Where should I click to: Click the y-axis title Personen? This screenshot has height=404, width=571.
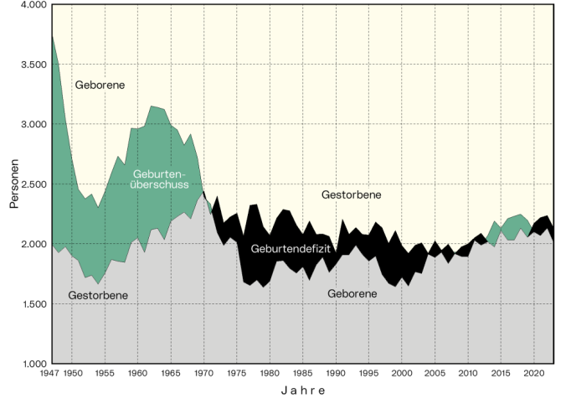tap(14, 184)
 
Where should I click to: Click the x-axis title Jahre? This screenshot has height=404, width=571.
tap(302, 391)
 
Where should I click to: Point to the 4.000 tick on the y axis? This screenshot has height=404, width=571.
tap(31, 5)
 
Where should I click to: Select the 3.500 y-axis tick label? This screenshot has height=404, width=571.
tap(31, 65)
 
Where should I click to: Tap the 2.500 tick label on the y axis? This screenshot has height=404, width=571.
tap(31, 184)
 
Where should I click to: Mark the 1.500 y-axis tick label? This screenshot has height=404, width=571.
tap(31, 304)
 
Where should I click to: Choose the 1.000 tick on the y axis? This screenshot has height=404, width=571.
tap(31, 364)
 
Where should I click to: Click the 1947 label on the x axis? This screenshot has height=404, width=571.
tap(51, 374)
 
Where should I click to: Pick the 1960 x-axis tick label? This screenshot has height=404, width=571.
tap(137, 374)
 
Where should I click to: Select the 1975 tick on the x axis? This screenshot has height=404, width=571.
tap(237, 374)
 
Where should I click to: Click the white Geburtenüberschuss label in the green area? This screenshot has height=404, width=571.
tap(161, 179)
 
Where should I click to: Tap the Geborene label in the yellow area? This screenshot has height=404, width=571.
tap(100, 85)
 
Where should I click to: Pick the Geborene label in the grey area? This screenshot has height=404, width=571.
tap(352, 294)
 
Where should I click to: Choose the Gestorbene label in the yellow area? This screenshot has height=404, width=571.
tap(352, 194)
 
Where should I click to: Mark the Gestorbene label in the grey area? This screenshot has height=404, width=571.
tap(99, 296)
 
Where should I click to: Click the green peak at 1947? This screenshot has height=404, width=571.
tap(52, 36)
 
